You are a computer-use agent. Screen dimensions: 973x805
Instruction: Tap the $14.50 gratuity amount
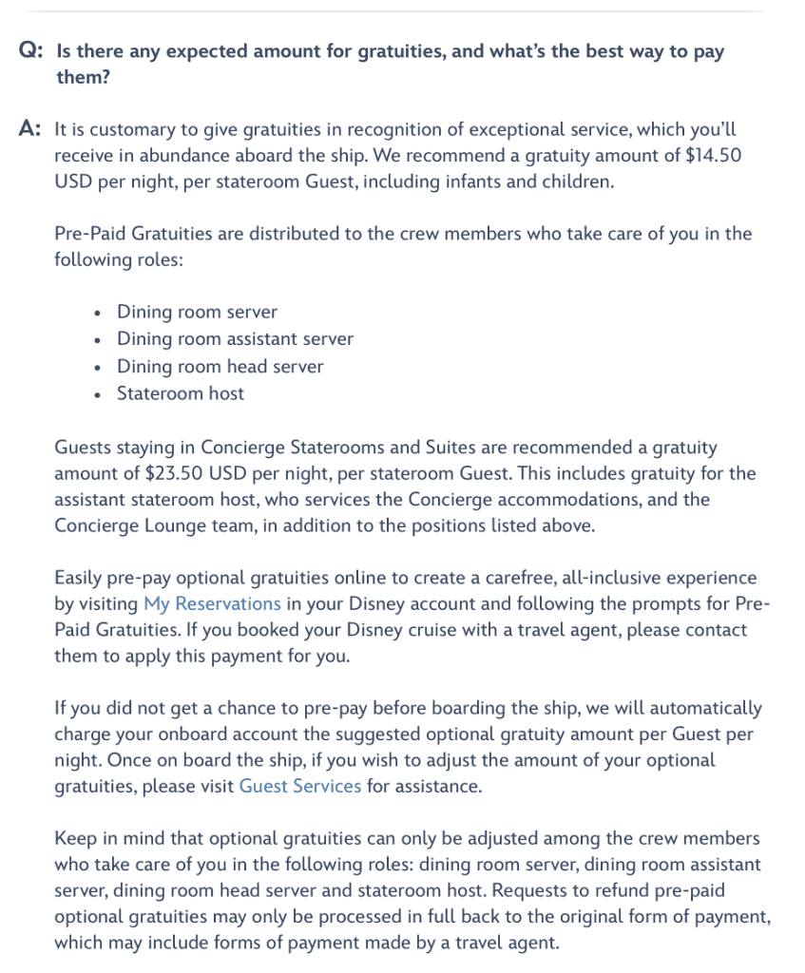[712, 155]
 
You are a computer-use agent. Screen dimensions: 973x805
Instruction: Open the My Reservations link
[212, 603]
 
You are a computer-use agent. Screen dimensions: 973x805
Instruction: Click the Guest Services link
[300, 786]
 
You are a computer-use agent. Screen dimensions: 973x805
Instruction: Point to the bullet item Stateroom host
[180, 393]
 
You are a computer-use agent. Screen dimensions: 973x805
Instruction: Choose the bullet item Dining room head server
[220, 366]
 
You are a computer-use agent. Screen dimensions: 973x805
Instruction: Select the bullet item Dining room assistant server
[235, 338]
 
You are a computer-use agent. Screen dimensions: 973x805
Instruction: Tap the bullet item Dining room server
[197, 312]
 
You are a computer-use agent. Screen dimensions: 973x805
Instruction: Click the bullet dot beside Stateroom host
[98, 394]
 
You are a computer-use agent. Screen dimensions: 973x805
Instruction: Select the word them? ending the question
[83, 77]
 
